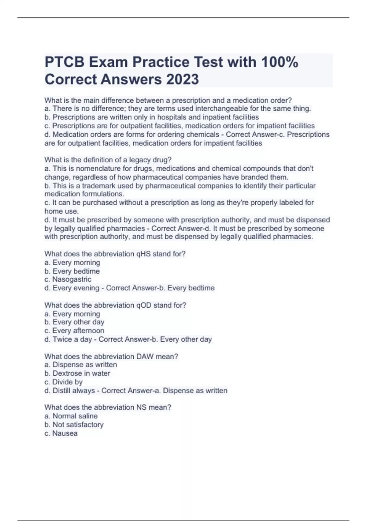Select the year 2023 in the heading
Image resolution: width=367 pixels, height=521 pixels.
183,79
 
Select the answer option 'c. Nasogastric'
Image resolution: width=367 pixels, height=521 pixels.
68,280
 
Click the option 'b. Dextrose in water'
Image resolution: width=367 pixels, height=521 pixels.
77,373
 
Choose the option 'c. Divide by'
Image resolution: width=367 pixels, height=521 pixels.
64,382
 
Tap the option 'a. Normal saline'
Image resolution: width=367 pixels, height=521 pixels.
71,416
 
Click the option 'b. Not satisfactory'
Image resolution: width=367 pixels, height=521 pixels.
74,424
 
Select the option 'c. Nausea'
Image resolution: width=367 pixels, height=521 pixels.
61,433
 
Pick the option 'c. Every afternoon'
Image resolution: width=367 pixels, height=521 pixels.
74,331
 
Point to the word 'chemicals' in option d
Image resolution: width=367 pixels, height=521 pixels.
203,135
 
